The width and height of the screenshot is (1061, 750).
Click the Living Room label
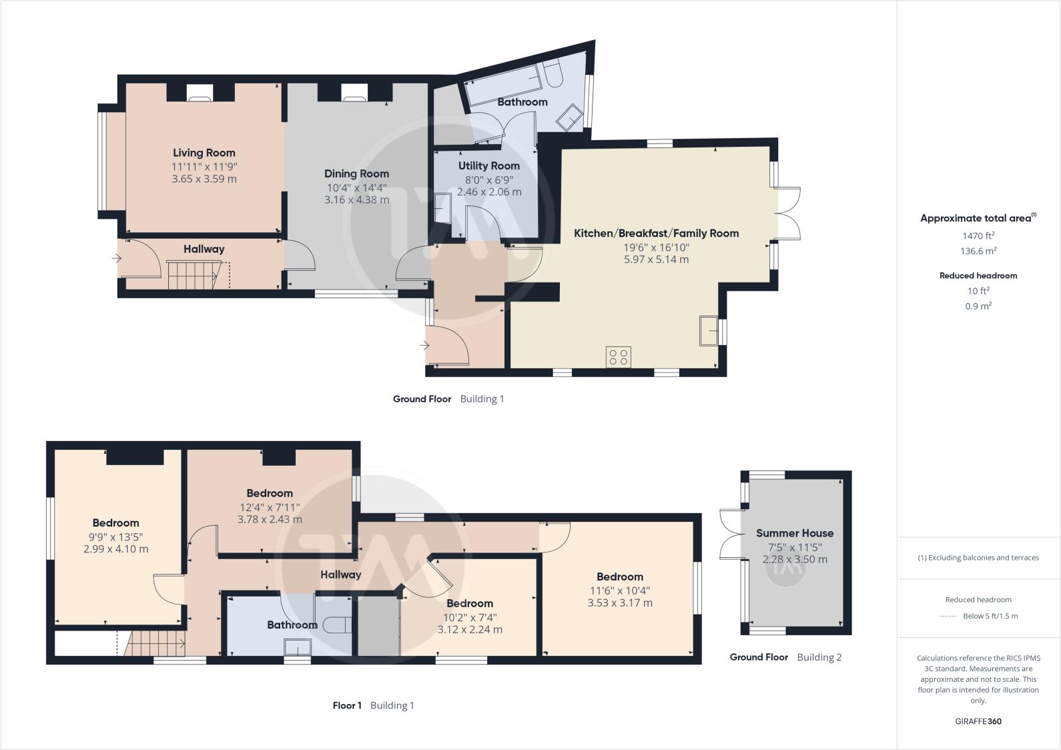[x=204, y=153]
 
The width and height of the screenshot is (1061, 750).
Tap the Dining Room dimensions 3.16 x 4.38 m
[x=356, y=200]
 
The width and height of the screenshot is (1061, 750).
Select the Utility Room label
[x=488, y=165]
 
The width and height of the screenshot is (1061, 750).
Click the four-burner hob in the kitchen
[x=619, y=357]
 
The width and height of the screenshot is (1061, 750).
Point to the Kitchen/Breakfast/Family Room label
[x=656, y=233]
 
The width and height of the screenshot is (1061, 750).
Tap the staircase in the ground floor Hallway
[x=193, y=275]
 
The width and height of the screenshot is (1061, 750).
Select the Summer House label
[x=794, y=533]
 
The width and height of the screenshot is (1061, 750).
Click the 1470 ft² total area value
[x=978, y=236]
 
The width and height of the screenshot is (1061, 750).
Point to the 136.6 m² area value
[x=978, y=252]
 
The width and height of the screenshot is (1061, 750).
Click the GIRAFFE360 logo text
[x=978, y=721]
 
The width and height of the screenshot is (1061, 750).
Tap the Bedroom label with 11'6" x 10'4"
[x=619, y=577]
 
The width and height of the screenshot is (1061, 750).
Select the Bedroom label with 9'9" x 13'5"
[x=115, y=522]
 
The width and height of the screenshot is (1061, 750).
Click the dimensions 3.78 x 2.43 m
[x=270, y=519]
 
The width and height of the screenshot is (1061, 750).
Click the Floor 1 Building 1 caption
[x=373, y=705]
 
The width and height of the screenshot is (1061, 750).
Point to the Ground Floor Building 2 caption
[x=785, y=657]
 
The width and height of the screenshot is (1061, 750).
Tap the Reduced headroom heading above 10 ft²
[x=978, y=276]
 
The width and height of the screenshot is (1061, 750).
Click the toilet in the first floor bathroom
[x=336, y=625]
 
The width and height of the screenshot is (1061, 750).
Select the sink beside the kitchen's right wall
[x=709, y=331]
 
